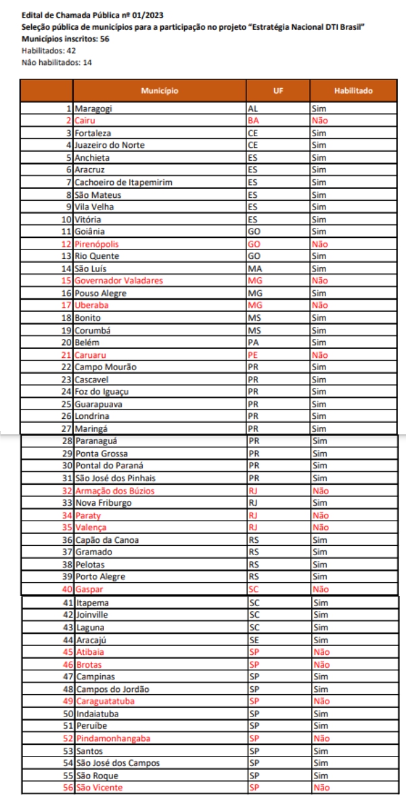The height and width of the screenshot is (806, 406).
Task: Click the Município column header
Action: pos(160,91)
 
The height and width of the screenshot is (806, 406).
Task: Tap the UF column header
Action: pos(278,91)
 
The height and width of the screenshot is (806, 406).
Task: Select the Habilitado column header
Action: pos(353,91)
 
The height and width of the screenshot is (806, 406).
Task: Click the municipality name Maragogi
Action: pos(94,108)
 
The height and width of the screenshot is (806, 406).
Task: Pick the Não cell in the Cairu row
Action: pos(320,121)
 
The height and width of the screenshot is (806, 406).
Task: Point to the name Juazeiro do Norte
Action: pos(110,145)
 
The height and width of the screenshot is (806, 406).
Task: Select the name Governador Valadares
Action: pos(118,281)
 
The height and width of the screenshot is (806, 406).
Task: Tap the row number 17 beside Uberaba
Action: pos(66,305)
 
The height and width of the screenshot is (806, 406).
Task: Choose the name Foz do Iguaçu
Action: pos(101,391)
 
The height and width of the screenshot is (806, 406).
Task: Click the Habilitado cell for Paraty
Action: pos(320,515)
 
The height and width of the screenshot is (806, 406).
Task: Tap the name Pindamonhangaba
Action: pos(112,738)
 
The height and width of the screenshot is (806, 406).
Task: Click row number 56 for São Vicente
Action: pos(66,787)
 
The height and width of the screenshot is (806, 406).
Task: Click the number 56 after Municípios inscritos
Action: pos(105,39)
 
